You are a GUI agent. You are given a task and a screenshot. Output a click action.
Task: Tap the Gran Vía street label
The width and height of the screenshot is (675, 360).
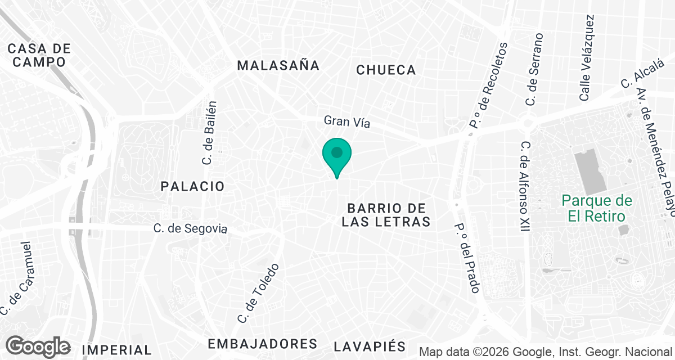347,121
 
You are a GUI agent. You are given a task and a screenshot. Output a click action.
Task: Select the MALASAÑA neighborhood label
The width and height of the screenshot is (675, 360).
278,65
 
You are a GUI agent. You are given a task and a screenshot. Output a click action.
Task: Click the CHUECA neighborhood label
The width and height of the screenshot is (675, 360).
386,70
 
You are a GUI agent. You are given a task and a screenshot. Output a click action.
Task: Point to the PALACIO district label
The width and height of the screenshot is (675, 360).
192,186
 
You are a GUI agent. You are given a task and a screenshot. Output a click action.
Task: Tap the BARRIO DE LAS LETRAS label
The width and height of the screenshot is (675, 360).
386,215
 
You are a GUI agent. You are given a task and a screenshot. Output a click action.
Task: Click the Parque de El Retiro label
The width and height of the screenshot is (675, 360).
597,208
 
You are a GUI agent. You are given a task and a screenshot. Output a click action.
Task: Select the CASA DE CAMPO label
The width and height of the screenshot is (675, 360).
39,55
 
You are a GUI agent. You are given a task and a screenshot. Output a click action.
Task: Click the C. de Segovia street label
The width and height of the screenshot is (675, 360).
191,229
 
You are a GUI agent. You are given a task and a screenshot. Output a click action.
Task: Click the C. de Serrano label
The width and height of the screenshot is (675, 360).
534,69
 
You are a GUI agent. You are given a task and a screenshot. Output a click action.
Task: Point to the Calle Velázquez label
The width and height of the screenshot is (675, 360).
587,58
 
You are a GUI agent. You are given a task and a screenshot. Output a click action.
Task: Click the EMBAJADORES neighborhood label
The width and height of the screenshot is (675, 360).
262,344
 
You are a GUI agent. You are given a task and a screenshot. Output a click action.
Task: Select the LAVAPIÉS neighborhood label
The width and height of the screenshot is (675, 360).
369,346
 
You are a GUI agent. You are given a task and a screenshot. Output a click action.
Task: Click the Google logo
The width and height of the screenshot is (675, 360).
38,346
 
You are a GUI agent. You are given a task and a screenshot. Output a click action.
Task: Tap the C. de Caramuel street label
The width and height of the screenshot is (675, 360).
17,279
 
